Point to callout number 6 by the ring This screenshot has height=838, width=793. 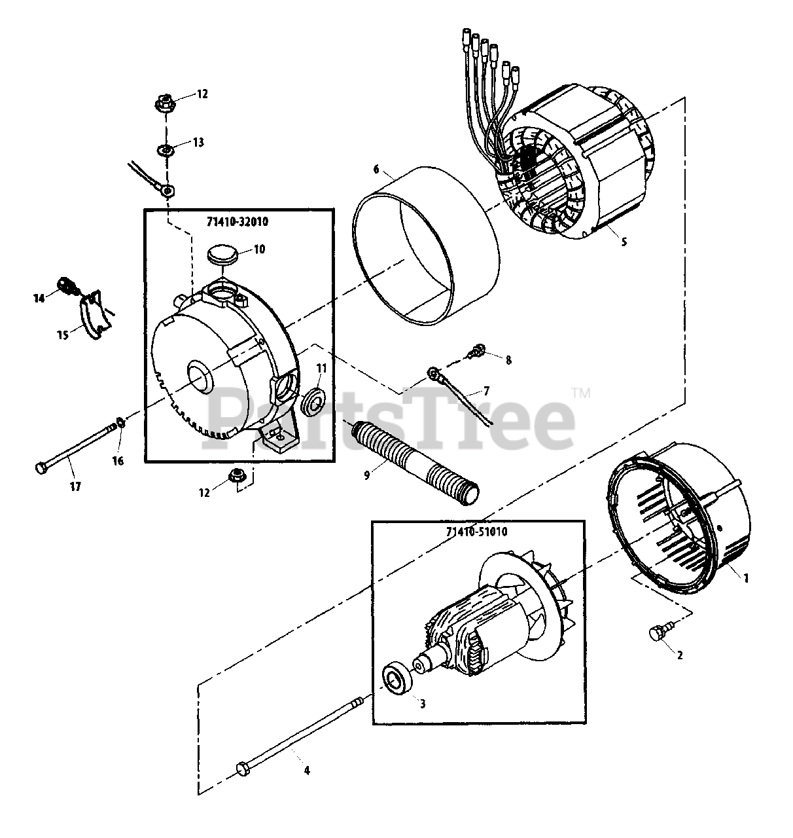pyautogui.click(x=376, y=169)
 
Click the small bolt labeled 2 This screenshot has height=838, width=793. pyautogui.click(x=656, y=633)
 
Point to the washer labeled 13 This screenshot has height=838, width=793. pyautogui.click(x=166, y=151)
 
